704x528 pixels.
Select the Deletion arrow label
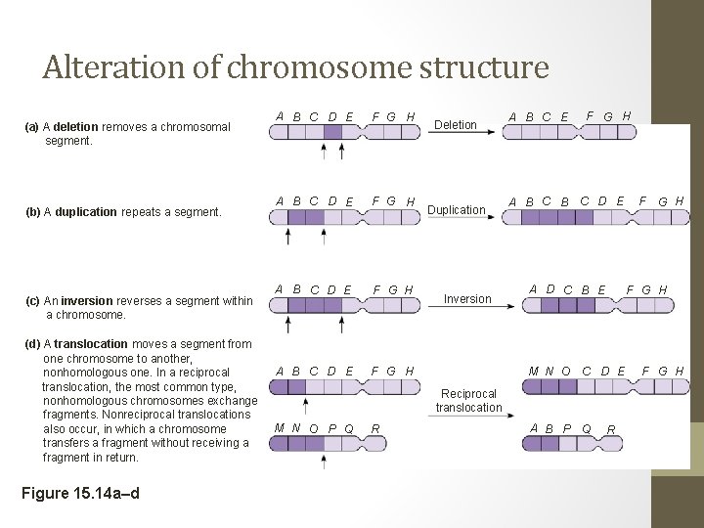point(456,125)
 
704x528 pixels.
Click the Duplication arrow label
point(458,210)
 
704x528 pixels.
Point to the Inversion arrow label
point(468,299)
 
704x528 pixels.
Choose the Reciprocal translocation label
point(468,401)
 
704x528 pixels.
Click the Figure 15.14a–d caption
point(80,492)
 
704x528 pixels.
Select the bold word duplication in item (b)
point(86,212)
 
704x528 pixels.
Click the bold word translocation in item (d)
point(91,344)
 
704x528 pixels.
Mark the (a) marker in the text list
point(32,127)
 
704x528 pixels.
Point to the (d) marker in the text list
point(32,344)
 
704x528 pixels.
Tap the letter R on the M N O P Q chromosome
point(375,428)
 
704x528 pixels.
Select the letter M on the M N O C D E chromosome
point(533,372)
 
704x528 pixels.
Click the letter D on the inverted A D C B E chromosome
point(550,289)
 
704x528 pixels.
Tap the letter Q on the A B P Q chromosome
point(587,428)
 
